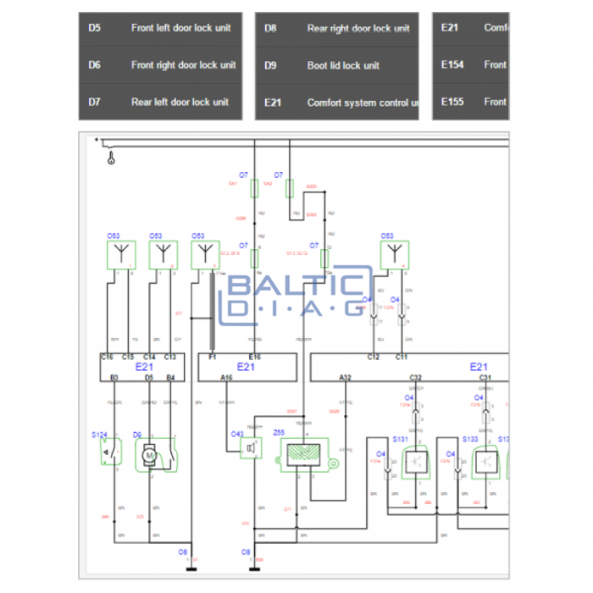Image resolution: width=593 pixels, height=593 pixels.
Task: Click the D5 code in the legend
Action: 94,28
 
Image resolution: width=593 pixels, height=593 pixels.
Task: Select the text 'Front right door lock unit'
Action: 183,65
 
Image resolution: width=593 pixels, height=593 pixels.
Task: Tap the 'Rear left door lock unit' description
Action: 180,103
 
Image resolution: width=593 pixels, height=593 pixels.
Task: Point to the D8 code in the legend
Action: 270,28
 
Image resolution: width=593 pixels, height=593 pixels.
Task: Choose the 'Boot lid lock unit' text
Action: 343,65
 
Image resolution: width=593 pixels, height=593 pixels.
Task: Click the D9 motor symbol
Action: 149,455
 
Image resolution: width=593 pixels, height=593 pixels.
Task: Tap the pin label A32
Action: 345,377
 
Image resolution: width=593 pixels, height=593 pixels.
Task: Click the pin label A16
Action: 226,377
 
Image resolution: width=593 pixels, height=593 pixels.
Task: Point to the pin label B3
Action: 114,377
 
